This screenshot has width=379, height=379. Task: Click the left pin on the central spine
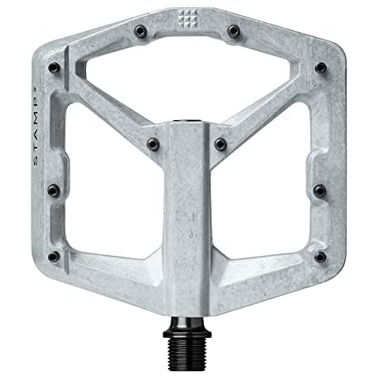click(153, 143)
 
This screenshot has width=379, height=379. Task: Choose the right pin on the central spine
click(220, 144)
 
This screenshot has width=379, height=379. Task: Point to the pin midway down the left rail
click(52, 189)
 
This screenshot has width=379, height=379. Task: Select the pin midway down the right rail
click(321, 189)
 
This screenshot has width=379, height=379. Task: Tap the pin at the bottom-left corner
click(53, 257)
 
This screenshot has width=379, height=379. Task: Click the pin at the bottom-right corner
click(321, 257)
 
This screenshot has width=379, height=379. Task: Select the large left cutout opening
click(111, 189)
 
